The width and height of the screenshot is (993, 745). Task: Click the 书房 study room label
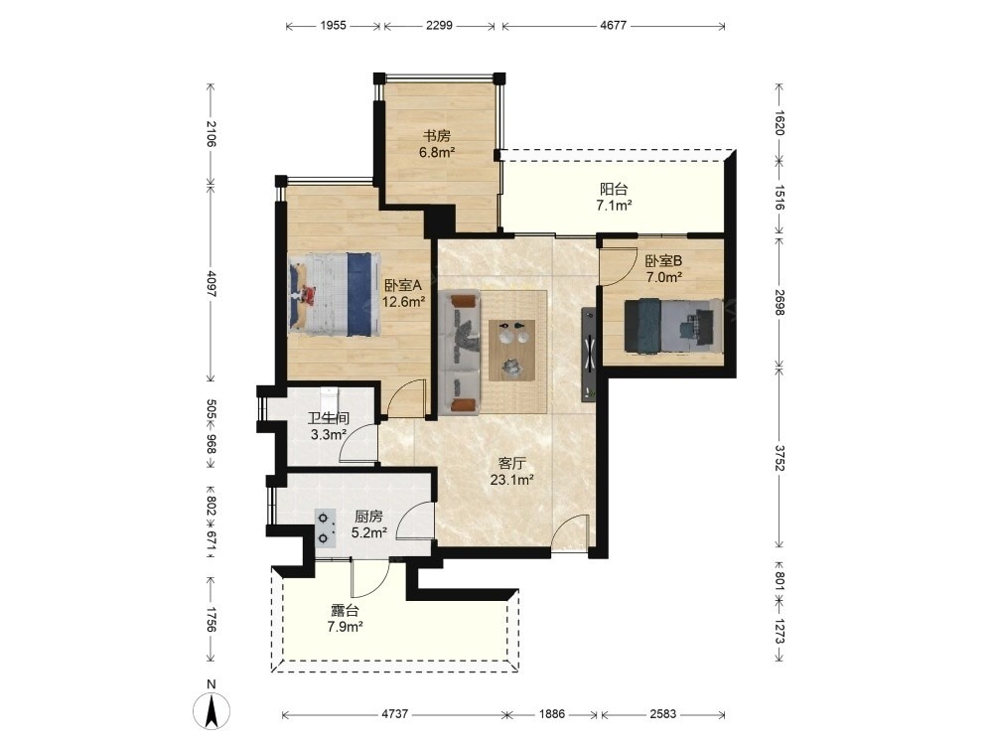pos(437,135)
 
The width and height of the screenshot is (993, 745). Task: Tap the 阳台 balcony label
pos(614,189)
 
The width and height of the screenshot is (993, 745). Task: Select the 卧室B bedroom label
pos(663,261)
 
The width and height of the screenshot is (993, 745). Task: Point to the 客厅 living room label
pos(511,464)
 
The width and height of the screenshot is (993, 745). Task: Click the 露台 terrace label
pos(345,611)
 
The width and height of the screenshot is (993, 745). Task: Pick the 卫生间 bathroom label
pos(328,419)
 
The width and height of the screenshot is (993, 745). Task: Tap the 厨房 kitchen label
pos(368,517)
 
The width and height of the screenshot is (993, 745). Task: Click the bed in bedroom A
pos(335,294)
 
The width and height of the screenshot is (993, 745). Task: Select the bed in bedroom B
pos(673,325)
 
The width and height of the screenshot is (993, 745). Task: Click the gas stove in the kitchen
pos(325,528)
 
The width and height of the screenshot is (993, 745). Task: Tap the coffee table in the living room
pos(511,350)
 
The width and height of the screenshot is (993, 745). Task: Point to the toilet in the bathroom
pos(329,398)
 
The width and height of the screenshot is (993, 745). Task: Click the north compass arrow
pos(212,711)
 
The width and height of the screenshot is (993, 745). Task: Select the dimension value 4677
pos(613,26)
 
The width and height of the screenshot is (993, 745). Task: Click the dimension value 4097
pos(212,284)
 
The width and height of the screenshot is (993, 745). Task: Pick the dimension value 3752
pos(780,458)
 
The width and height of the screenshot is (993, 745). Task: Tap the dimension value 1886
pos(551,714)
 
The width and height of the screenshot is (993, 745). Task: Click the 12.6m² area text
pos(403,302)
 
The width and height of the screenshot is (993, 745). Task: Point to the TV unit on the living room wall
pos(589,355)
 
